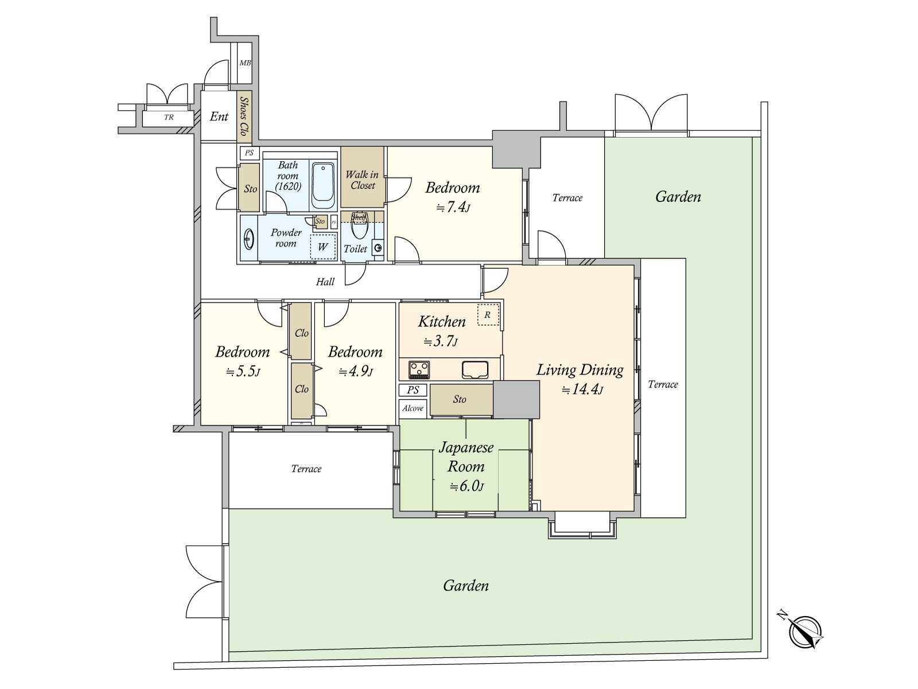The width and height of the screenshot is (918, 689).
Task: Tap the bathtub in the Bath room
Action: click(x=324, y=187)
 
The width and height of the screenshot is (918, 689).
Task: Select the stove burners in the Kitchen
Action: click(x=419, y=369)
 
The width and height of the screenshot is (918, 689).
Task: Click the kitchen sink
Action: click(x=474, y=370)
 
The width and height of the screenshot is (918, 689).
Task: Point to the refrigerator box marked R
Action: click(x=489, y=315)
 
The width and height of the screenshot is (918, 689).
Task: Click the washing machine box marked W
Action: click(x=323, y=247)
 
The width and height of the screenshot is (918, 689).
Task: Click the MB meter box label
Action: click(x=245, y=63)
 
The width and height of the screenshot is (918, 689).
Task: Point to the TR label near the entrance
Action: click(x=169, y=117)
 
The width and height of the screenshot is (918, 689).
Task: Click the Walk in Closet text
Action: click(x=362, y=180)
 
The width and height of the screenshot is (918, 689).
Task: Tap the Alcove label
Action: click(x=413, y=408)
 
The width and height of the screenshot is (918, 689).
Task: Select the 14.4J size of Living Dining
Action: click(x=582, y=390)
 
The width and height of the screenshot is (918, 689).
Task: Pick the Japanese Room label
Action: click(x=466, y=457)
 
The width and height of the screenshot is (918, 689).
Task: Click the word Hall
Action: click(x=325, y=282)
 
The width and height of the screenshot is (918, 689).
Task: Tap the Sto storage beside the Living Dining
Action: click(x=460, y=399)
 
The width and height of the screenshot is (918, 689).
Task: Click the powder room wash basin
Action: click(x=250, y=239)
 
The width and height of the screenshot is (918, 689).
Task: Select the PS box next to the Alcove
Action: click(x=413, y=390)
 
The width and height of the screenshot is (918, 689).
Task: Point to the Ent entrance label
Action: click(x=219, y=117)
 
